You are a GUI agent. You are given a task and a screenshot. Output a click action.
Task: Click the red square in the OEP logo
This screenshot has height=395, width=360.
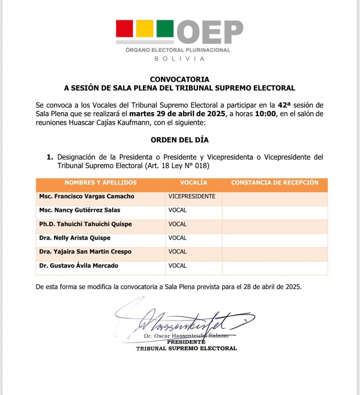click(124, 28)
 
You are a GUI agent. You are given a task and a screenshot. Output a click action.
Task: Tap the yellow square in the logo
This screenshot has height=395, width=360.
click(145, 28)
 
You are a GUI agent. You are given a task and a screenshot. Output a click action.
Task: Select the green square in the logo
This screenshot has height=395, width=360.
click(165, 28)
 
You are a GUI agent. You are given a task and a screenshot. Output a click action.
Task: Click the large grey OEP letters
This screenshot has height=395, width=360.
click(210, 32)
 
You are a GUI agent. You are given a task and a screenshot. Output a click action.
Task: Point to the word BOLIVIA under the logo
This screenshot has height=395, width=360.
click(179, 59)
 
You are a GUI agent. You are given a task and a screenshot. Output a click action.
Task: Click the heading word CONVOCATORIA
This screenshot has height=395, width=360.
click(179, 79)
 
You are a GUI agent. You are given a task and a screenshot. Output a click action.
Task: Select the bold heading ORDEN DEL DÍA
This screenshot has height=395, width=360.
click(179, 140)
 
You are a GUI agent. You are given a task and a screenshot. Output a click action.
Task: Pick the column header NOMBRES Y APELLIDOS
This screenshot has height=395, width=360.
click(101, 183)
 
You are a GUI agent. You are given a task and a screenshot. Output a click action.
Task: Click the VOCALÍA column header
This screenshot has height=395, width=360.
click(194, 183)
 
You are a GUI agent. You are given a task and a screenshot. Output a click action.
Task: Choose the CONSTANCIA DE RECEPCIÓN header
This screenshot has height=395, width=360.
click(275, 183)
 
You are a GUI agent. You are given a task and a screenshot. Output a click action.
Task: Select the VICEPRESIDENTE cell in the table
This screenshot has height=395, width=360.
click(192, 196)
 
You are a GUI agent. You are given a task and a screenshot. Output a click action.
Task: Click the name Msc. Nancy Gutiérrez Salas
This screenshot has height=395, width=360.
click(80, 210)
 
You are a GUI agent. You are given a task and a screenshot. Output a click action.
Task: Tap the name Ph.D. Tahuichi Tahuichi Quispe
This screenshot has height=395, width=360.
click(85, 224)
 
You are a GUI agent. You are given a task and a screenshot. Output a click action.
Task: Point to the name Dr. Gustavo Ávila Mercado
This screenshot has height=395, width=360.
click(79, 265)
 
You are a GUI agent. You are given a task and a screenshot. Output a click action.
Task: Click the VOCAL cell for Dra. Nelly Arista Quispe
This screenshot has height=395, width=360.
click(178, 238)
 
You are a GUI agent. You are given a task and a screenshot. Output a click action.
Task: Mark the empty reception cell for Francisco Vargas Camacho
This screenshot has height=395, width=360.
click(275, 196)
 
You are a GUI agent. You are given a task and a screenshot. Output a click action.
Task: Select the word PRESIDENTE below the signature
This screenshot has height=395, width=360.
click(186, 342)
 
